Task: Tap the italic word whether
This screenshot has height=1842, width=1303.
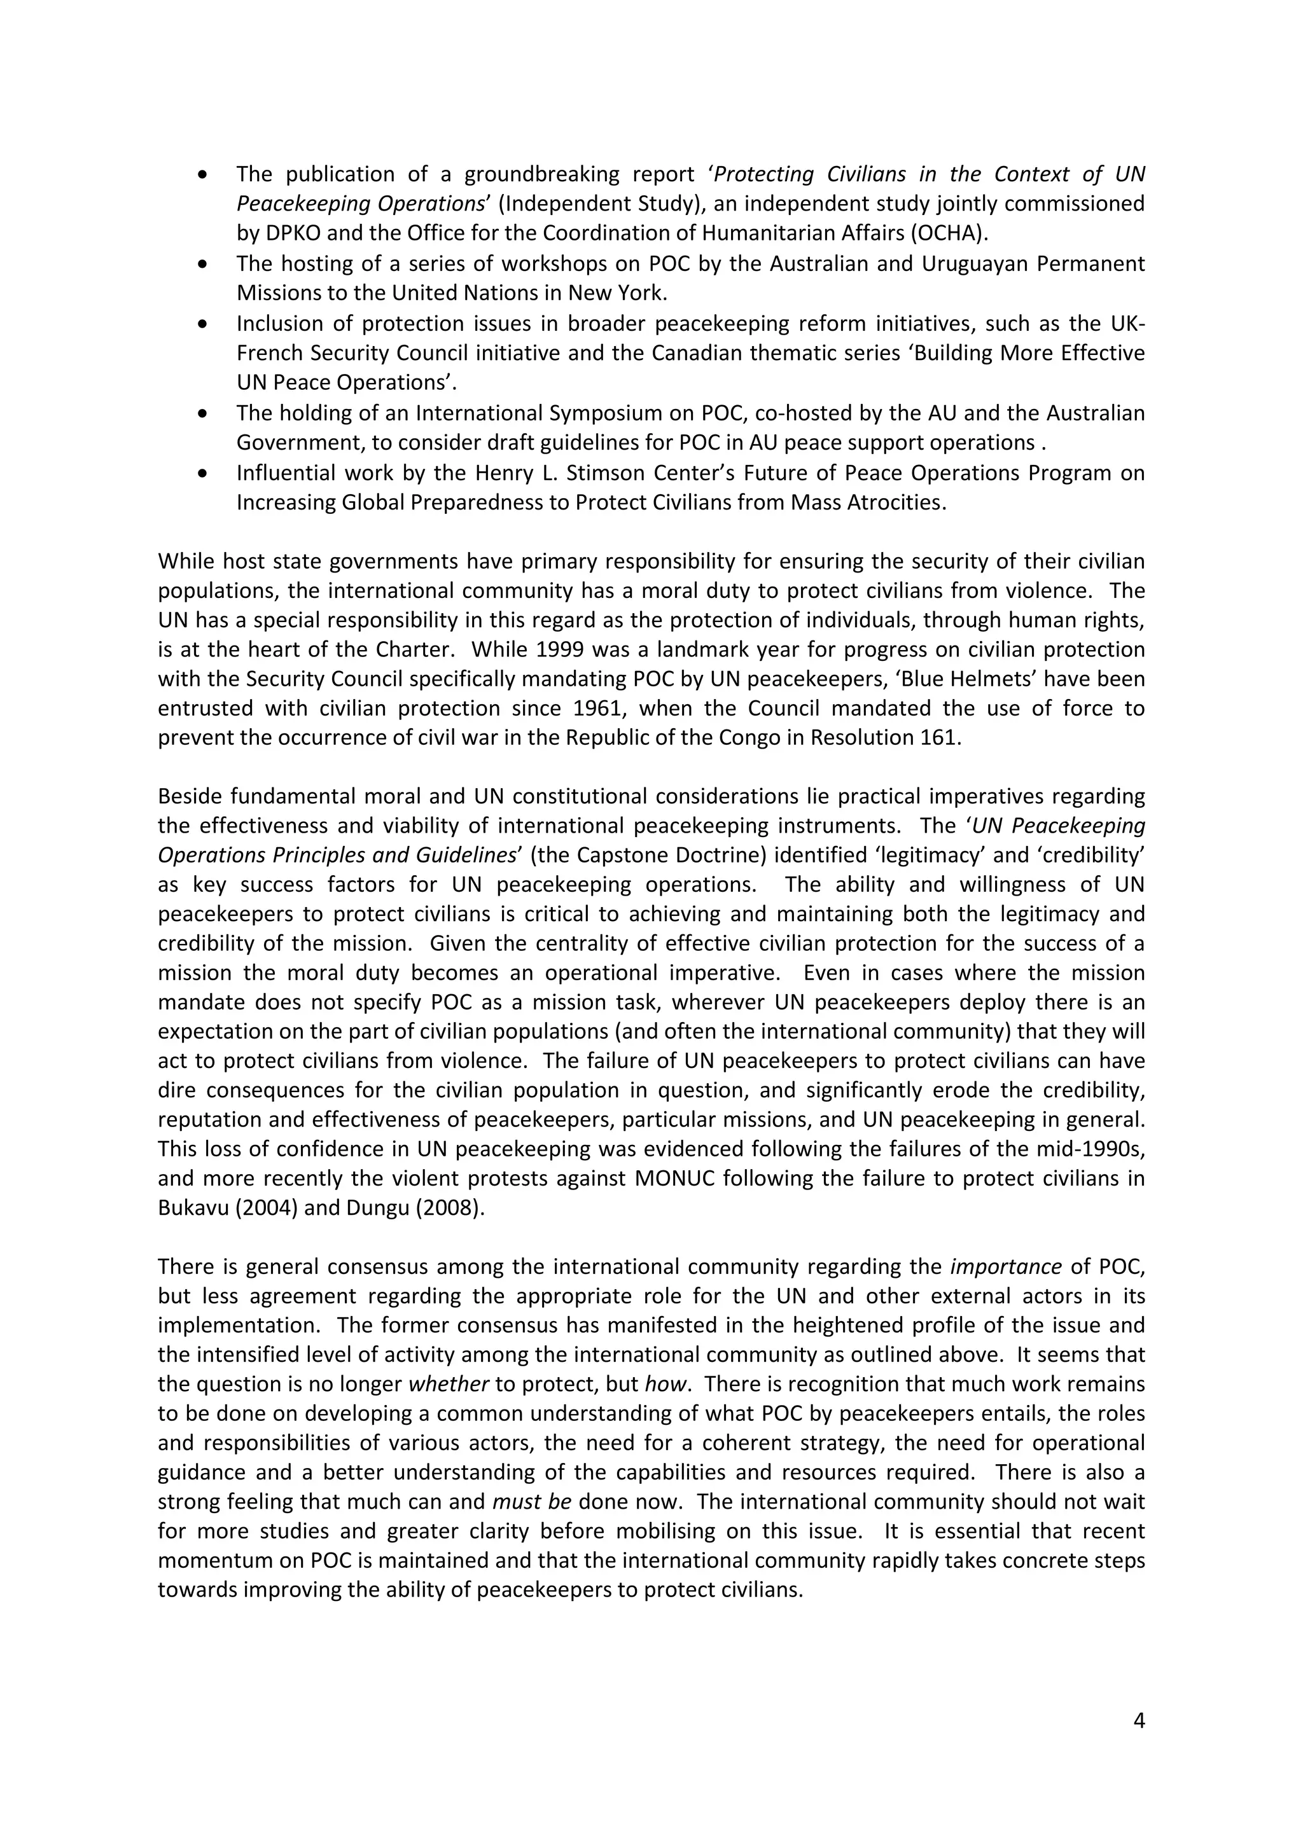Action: point(449,1385)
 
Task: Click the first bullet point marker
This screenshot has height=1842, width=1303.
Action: point(206,175)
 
